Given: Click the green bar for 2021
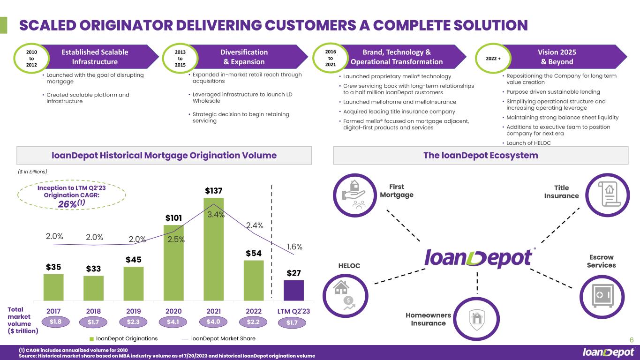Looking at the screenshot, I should [213, 249].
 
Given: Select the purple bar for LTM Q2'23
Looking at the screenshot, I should [294, 290].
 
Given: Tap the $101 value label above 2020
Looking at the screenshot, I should [173, 218].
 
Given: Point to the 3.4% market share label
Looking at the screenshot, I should [216, 215].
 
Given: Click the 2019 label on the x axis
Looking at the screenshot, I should [134, 310].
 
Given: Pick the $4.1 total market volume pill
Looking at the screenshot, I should [173, 322].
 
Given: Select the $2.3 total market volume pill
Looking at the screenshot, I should [134, 322].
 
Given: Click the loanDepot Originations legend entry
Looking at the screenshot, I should [123, 338].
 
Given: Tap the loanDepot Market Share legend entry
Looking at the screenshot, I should [218, 338].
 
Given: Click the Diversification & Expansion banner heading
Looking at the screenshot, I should [244, 57].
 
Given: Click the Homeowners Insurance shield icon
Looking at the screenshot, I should [477, 319].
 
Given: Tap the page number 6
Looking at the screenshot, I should [631, 341].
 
